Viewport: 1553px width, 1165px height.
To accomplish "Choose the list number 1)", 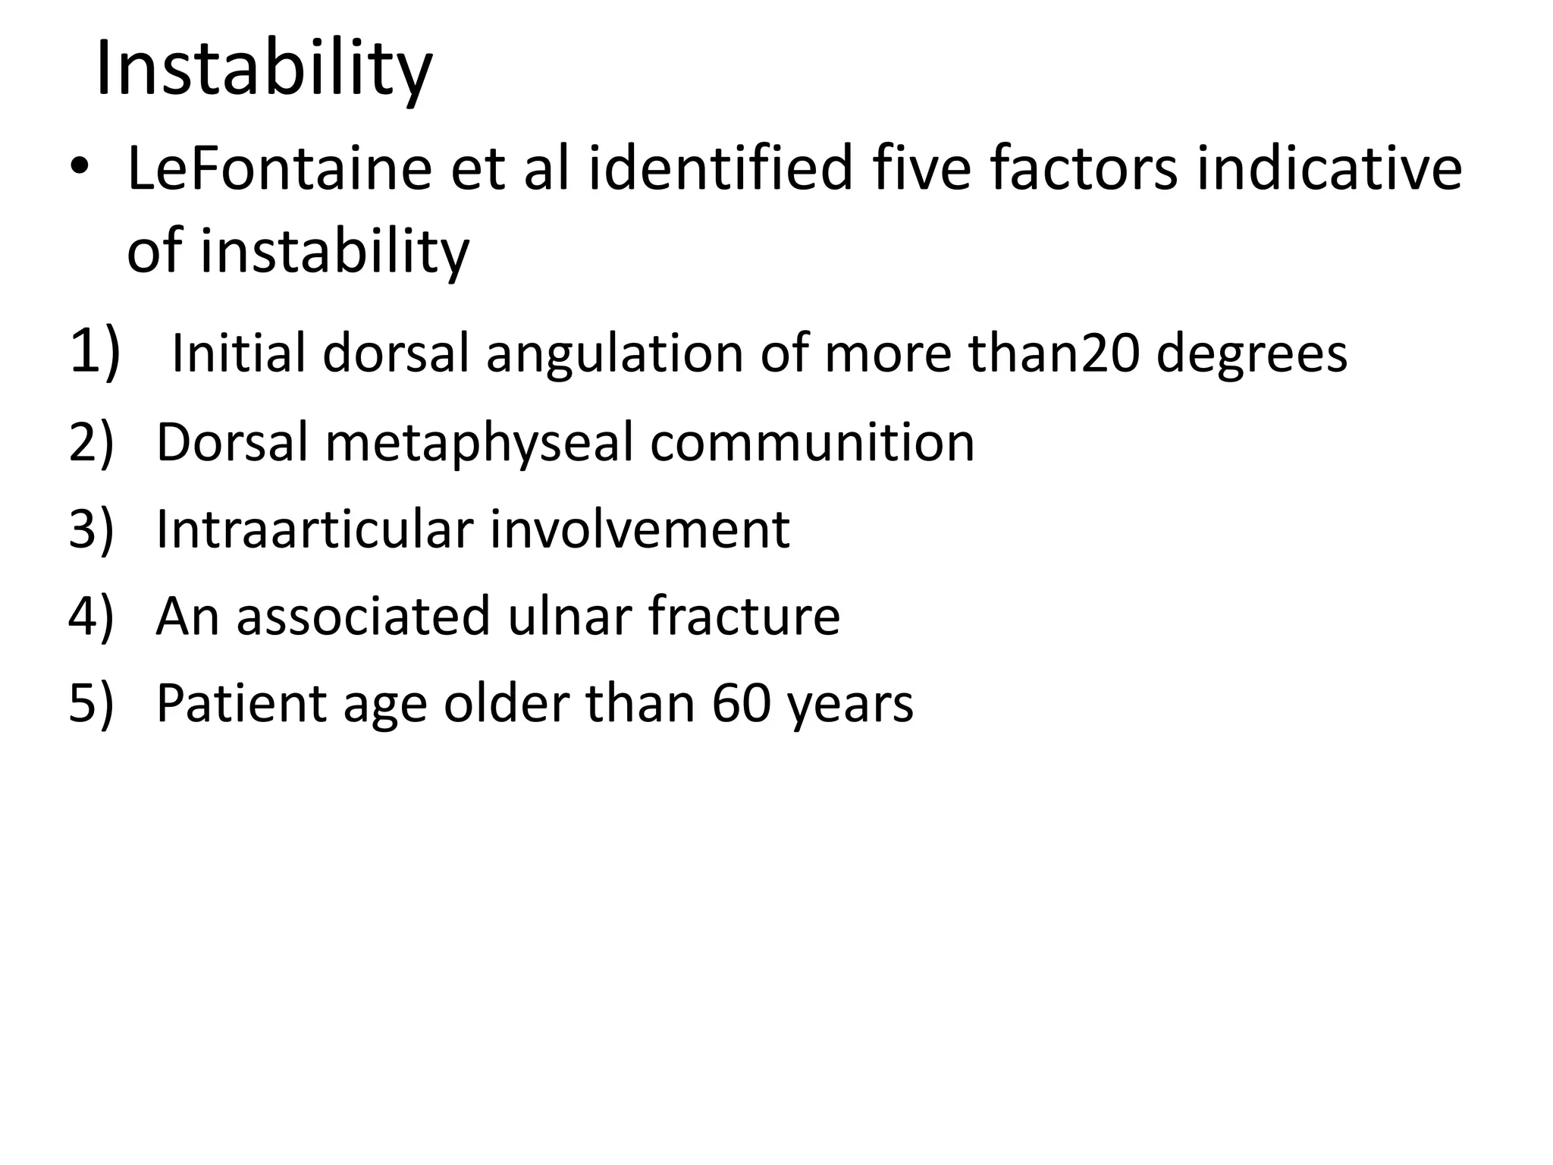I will [94, 350].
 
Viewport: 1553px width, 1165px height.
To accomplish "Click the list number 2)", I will [91, 443].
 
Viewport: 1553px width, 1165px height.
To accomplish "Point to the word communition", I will [812, 443].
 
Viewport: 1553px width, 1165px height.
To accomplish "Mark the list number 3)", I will [91, 529].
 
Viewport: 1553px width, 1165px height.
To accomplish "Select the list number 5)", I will [91, 703].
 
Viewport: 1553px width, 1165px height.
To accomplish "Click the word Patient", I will [241, 703].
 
